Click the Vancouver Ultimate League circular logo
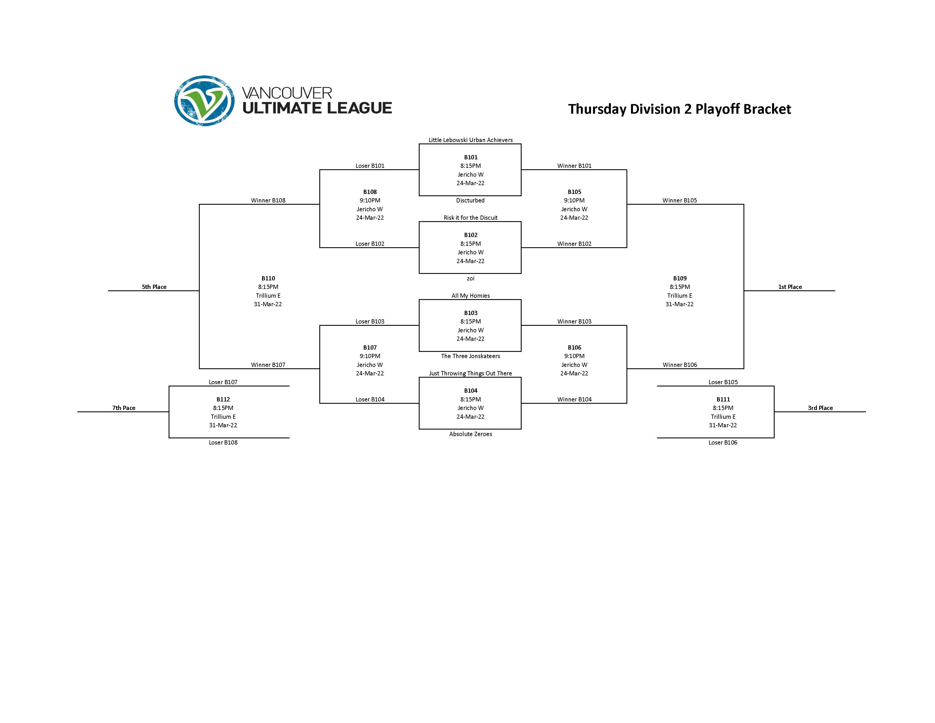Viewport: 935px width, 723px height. pos(204,101)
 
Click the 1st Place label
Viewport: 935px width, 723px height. pos(790,287)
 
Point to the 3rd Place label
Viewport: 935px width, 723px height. pos(820,408)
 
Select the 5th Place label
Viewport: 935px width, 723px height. pos(154,287)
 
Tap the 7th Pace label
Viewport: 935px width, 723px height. pos(124,408)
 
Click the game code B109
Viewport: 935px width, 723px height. pos(679,278)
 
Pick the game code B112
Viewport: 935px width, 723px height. pos(223,399)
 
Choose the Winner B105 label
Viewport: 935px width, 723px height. pos(679,200)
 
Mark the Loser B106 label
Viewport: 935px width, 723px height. pos(723,443)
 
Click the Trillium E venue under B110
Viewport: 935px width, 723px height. pos(268,295)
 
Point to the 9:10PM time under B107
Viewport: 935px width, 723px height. pos(370,356)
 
